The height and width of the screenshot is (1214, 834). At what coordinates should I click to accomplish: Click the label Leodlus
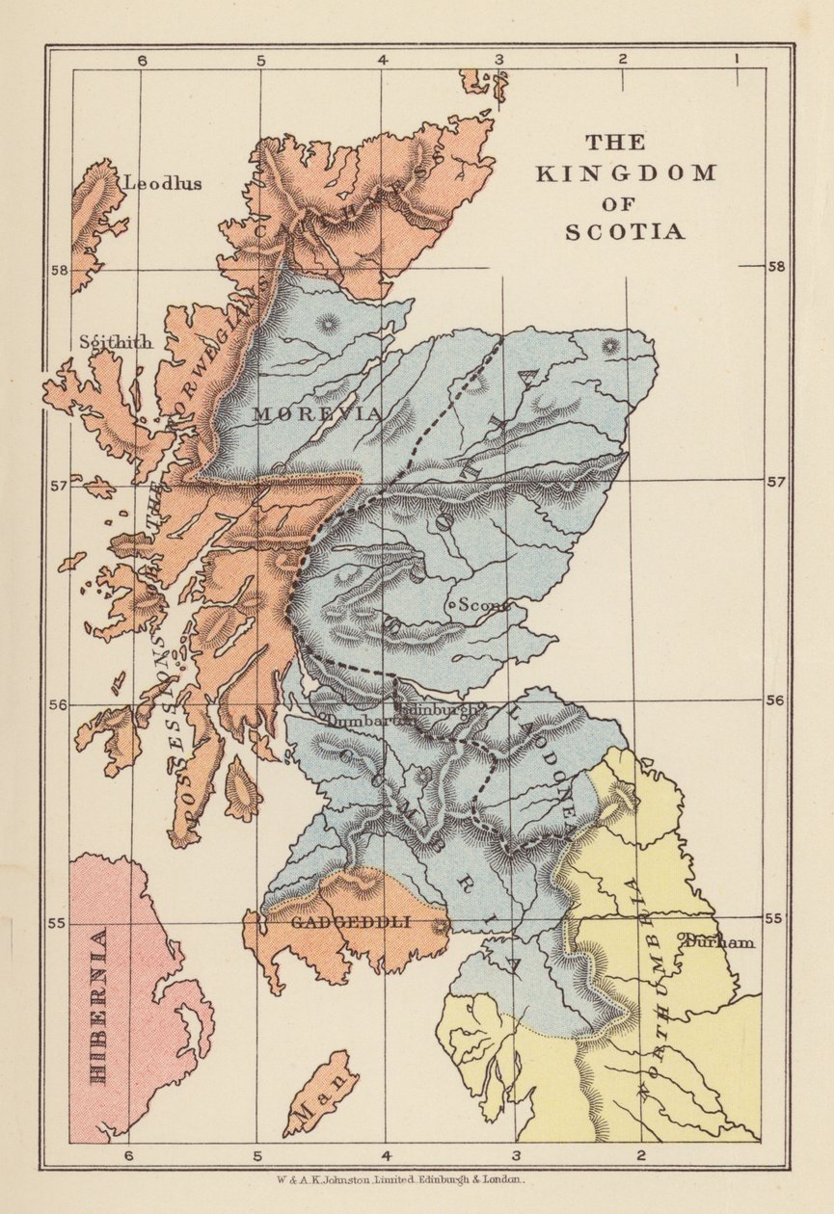162,183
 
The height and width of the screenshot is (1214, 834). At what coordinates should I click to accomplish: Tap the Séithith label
116,342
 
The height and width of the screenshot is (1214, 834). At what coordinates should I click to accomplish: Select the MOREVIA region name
317,413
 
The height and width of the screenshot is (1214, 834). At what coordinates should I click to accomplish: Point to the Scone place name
482,605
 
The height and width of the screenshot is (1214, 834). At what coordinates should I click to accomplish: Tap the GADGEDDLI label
350,922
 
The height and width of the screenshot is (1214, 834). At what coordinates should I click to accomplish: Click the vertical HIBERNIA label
97,1006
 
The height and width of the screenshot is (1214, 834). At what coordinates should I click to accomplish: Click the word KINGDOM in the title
626,173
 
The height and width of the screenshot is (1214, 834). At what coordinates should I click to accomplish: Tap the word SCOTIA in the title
624,232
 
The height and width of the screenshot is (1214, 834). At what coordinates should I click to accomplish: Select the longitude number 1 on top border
736,59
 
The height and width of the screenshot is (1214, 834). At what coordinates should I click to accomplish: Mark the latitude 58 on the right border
776,267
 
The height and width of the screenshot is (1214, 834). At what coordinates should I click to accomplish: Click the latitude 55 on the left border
58,923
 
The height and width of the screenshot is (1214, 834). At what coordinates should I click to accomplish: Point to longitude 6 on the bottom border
127,1155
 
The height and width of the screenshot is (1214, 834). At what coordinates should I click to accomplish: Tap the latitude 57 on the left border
58,485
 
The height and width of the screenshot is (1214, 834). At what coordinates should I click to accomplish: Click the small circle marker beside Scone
452,605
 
